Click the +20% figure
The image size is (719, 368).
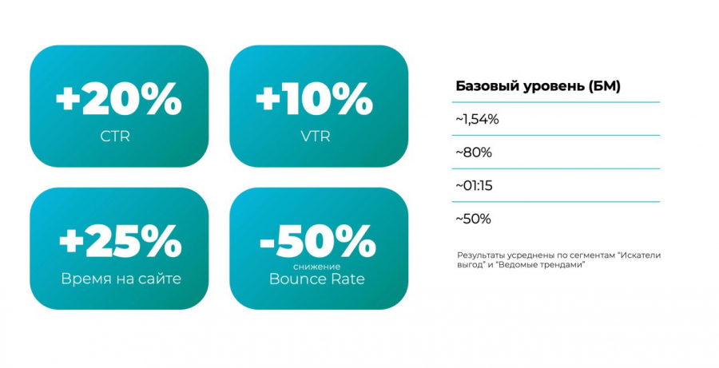click(x=119, y=98)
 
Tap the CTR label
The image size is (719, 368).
click(x=115, y=137)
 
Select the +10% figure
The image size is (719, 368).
click(x=314, y=98)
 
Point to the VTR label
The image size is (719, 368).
click(x=316, y=137)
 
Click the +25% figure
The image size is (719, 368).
click(x=121, y=241)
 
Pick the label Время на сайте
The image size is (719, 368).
click(x=121, y=279)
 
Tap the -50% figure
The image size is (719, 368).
click(x=318, y=241)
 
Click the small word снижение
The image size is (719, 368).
click(x=317, y=267)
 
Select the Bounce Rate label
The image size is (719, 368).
click(x=317, y=279)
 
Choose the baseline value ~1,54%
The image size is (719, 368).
click(x=477, y=120)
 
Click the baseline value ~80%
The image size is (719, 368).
click(x=474, y=152)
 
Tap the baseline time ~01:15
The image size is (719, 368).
click(x=474, y=186)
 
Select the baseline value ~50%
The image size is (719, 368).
click(x=473, y=219)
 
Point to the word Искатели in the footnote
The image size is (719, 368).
click(x=640, y=255)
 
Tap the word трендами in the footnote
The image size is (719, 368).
click(x=569, y=265)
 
